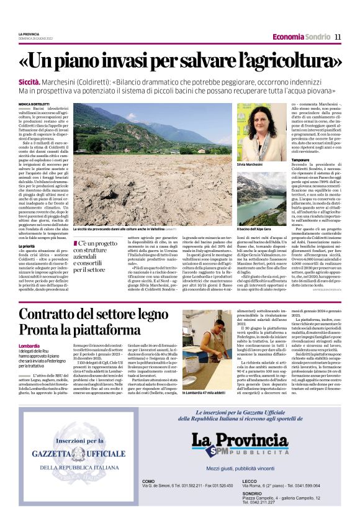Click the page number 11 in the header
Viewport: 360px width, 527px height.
338,37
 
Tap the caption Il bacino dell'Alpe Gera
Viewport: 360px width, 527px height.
254,229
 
